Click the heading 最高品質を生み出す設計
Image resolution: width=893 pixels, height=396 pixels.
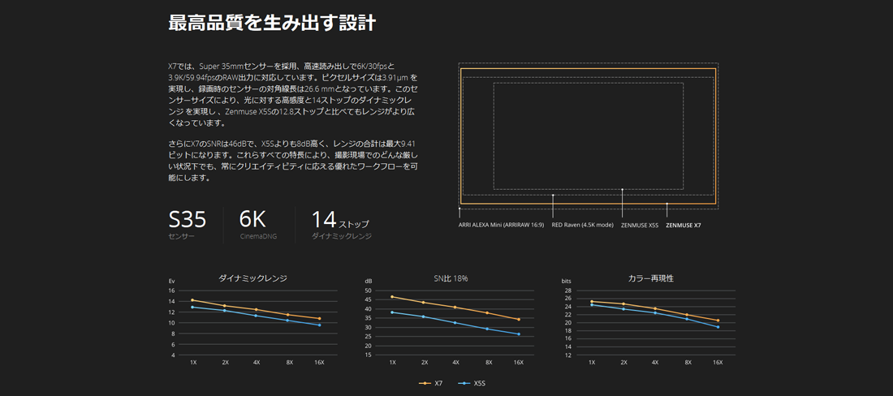271,23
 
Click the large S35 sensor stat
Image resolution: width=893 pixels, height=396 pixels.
187,219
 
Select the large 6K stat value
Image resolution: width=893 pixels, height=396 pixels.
252,219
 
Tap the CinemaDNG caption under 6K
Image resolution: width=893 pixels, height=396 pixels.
257,236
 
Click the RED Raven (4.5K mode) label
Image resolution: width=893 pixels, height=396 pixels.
582,224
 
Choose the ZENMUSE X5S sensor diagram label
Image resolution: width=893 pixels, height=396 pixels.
639,225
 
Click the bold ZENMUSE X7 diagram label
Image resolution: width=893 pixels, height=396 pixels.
683,225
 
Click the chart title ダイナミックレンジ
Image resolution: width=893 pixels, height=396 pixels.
252,278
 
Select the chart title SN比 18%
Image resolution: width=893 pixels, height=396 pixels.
451,278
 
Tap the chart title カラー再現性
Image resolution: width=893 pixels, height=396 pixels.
650,278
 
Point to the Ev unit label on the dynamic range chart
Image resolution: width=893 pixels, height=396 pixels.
171,281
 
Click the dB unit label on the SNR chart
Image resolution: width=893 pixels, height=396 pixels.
369,281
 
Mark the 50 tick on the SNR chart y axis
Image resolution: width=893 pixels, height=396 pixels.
368,291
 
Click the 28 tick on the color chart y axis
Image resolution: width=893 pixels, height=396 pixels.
567,291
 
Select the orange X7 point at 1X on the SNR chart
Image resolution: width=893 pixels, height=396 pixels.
392,297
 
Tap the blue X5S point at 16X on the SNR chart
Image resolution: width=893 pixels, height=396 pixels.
519,334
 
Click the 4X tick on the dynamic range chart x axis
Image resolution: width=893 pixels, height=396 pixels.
257,363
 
